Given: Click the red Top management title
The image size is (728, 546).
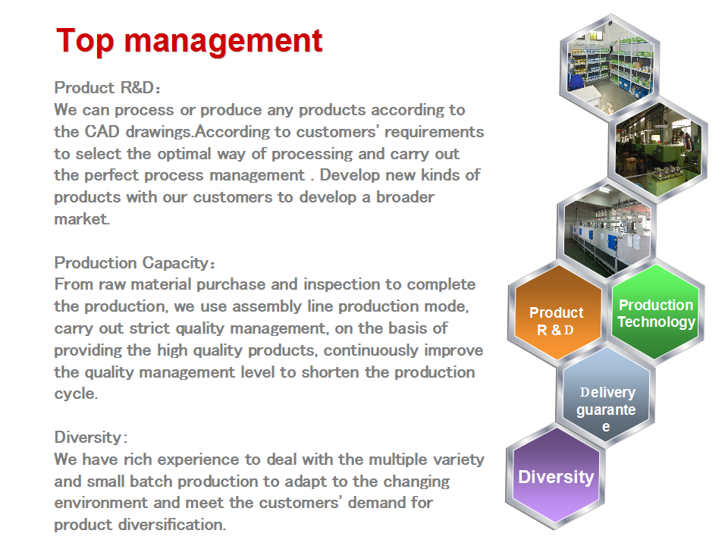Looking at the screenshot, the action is pyautogui.click(x=189, y=42).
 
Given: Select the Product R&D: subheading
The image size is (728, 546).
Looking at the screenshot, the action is pyautogui.click(x=107, y=88).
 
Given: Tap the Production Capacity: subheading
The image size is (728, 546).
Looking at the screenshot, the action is pyautogui.click(x=135, y=263).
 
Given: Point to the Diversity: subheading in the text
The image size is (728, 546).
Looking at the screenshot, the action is pyautogui.click(x=91, y=438).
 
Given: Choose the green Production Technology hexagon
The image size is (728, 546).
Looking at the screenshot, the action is pyautogui.click(x=655, y=312).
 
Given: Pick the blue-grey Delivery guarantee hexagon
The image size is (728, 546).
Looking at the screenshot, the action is pyautogui.click(x=606, y=397).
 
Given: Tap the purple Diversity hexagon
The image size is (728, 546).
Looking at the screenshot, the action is pyautogui.click(x=555, y=476).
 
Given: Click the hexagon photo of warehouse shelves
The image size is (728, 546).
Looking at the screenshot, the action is pyautogui.click(x=610, y=67).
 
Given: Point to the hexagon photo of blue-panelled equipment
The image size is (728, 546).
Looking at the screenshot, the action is pyautogui.click(x=607, y=228).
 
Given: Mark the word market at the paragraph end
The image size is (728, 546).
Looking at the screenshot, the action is pyautogui.click(x=82, y=219).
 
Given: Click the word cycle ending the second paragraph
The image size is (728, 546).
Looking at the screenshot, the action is pyautogui.click(x=76, y=394).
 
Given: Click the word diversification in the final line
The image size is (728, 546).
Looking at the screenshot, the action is pyautogui.click(x=172, y=525).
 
